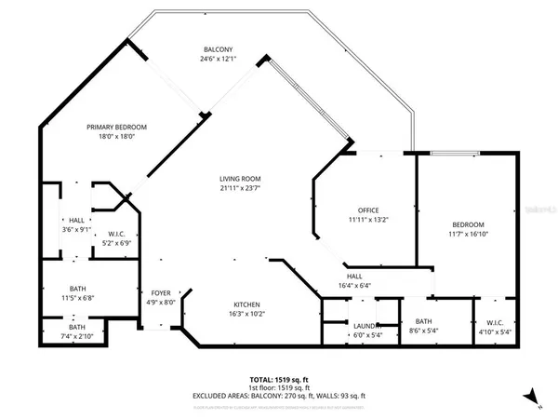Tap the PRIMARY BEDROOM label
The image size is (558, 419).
(x=117, y=127)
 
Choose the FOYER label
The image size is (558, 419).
(x=162, y=292)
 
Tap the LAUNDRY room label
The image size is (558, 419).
(x=366, y=326)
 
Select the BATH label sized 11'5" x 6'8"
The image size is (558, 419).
(x=77, y=289)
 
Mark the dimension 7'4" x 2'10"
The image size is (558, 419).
(x=77, y=336)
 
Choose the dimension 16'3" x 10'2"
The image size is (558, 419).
(x=246, y=315)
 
